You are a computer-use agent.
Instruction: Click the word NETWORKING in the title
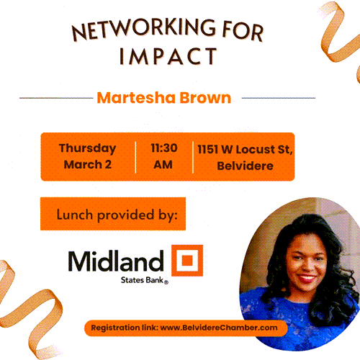point(144,29)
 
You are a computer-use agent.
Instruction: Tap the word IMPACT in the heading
point(168,56)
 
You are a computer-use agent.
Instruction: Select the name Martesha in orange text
point(136,98)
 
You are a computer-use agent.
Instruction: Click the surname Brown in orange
point(205,98)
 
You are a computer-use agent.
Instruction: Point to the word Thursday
point(87,149)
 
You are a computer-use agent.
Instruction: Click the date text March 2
point(88,164)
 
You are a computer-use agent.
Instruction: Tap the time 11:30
point(164,148)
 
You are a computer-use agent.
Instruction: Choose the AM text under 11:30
point(163,165)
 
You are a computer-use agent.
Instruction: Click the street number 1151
point(208,149)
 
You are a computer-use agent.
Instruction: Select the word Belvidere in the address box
point(245,166)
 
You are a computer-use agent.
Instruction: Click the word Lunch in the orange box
point(75,215)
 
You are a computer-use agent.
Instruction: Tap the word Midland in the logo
point(116,261)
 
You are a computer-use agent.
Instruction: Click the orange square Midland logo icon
point(187,261)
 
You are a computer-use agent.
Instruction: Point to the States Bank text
point(145,280)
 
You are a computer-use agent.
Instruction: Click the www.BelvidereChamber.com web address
point(219,328)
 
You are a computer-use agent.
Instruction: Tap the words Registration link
point(125,328)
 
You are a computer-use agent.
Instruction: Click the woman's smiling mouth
point(306,278)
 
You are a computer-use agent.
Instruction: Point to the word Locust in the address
point(256,149)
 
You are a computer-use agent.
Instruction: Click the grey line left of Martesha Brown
point(56,98)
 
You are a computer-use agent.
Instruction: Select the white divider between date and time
point(135,157)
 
